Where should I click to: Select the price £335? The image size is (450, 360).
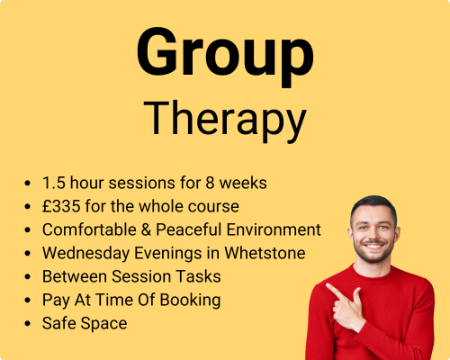coord(61,206)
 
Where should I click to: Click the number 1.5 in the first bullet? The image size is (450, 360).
coord(54,183)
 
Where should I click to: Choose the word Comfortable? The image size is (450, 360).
coord(89,229)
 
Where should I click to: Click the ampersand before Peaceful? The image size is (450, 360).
coord(146,229)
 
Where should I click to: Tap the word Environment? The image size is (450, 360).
coord(274,229)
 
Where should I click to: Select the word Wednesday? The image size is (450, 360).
coord(85,253)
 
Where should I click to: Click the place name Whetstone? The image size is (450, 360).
coord(265,253)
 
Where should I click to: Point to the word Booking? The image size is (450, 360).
coord(190,300)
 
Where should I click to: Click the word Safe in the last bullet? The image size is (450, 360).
coord(59,323)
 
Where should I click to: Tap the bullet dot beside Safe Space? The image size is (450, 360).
coord(28,324)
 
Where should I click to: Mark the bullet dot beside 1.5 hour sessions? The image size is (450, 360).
coord(28,183)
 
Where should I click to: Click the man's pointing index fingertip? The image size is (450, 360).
coord(328,285)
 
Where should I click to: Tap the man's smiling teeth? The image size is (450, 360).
coord(373,247)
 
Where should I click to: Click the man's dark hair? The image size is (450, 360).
coord(374,204)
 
